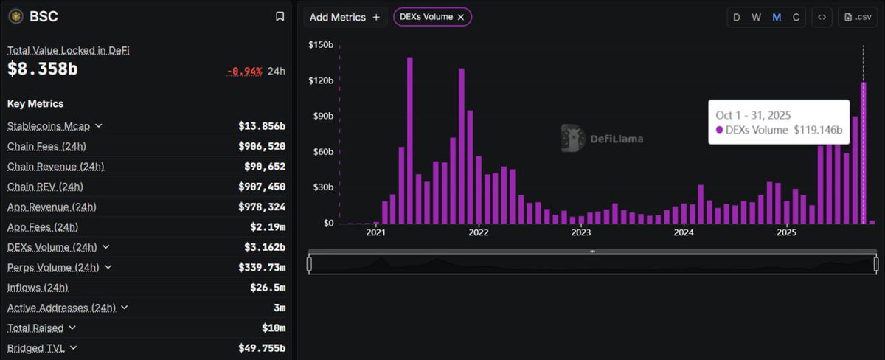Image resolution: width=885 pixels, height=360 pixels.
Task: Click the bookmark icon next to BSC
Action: pyautogui.click(x=280, y=16)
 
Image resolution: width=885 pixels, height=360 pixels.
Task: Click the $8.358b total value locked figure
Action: pyautogui.click(x=43, y=69)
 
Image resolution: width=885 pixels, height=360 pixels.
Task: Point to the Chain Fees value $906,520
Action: pyautogui.click(x=261, y=146)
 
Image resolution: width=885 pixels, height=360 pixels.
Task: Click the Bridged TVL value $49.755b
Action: pyautogui.click(x=261, y=348)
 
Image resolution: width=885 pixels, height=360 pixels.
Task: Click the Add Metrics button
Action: pyautogui.click(x=344, y=17)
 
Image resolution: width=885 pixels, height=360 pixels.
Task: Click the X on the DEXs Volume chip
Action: pyautogui.click(x=461, y=17)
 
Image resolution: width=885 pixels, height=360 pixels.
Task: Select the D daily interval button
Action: pyautogui.click(x=736, y=18)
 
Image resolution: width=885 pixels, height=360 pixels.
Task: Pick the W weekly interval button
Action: pyautogui.click(x=756, y=18)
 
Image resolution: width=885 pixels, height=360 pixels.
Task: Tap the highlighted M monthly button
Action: pyautogui.click(x=777, y=18)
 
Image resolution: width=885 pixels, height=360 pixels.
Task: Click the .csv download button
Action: pyautogui.click(x=858, y=18)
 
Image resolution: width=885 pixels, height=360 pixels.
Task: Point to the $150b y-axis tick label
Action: pyautogui.click(x=321, y=45)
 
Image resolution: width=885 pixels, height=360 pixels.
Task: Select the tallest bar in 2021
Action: pyautogui.click(x=410, y=140)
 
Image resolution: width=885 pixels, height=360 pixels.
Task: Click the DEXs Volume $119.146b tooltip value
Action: pyautogui.click(x=817, y=130)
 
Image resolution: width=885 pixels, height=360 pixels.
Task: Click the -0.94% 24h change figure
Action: pyautogui.click(x=244, y=72)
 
